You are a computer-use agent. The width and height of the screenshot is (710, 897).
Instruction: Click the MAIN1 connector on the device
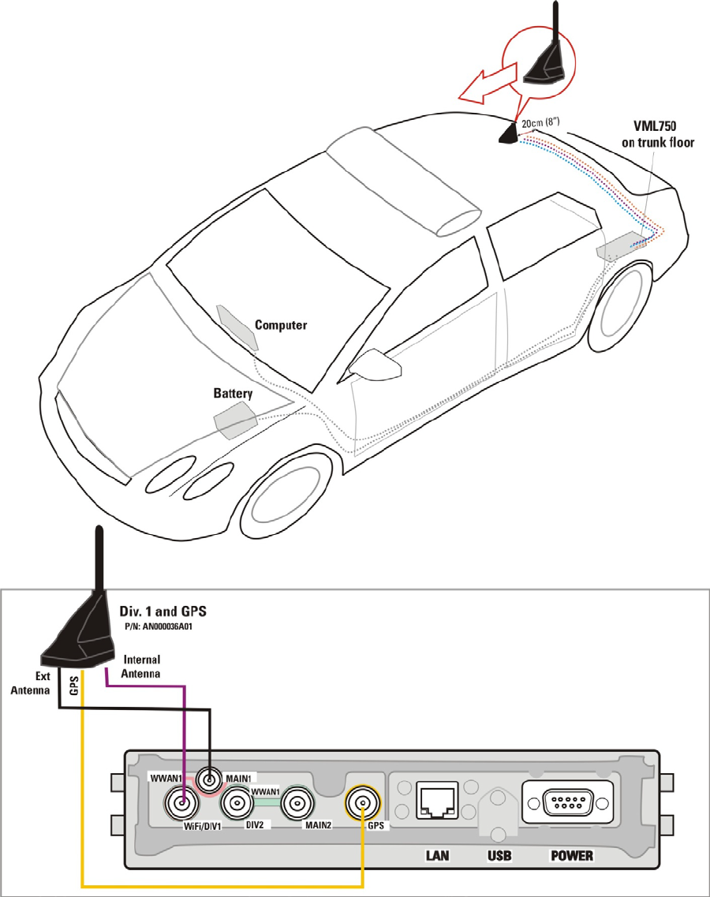click(x=210, y=781)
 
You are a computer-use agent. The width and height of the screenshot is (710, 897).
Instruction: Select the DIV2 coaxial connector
click(x=236, y=805)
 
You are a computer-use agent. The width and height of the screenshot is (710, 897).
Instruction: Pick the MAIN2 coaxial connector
click(x=297, y=805)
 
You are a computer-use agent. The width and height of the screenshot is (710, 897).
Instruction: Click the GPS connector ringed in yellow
click(x=362, y=805)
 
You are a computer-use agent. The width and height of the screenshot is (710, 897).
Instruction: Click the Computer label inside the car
click(x=281, y=325)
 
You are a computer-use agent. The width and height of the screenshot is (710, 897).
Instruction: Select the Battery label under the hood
click(x=233, y=393)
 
